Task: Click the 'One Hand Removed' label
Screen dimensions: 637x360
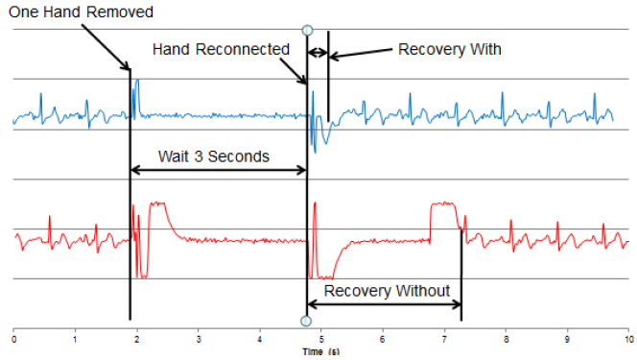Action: (x=81, y=12)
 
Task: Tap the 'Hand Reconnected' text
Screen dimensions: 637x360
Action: (x=221, y=49)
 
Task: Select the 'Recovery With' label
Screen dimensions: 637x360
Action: (x=449, y=49)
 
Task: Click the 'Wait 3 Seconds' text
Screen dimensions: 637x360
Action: (x=214, y=156)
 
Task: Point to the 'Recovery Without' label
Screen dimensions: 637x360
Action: (x=387, y=291)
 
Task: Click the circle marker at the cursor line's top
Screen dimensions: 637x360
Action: (x=308, y=30)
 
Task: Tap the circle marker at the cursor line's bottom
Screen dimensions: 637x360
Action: (x=306, y=321)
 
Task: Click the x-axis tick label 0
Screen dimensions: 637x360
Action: (x=13, y=339)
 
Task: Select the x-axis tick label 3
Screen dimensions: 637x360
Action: (x=199, y=339)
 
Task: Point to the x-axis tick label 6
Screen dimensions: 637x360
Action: (x=383, y=339)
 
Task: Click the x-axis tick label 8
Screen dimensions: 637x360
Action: (x=506, y=339)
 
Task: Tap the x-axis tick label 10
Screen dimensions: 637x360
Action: (x=629, y=339)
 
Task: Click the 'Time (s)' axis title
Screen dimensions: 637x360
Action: (x=321, y=352)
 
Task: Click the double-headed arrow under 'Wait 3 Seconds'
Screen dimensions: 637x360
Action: (x=219, y=170)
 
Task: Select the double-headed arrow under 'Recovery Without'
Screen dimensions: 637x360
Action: (x=385, y=304)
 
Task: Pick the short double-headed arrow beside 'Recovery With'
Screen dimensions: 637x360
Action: (x=318, y=53)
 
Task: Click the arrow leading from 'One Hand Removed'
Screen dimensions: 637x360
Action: (x=106, y=47)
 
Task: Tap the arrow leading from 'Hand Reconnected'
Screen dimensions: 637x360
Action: (x=294, y=71)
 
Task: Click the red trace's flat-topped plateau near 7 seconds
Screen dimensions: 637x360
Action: (x=444, y=204)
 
